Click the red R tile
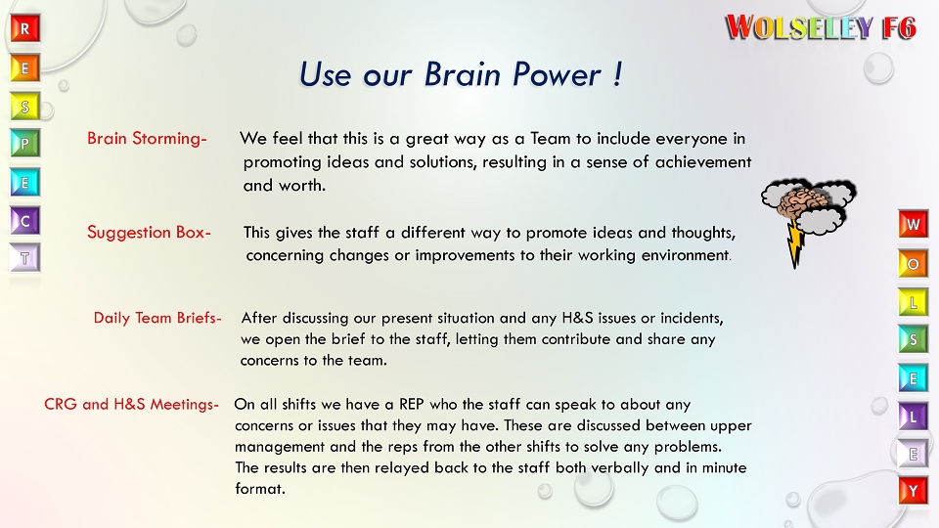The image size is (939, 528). point(25,28)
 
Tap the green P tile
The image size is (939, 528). point(25,144)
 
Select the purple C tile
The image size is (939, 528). point(25,221)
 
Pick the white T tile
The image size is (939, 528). point(25,258)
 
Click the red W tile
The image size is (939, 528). point(914,224)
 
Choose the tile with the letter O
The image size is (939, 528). point(914,263)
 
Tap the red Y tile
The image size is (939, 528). point(914,491)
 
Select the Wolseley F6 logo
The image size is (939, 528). point(821,27)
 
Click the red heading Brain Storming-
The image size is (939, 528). point(147,139)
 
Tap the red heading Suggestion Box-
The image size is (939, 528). point(149,233)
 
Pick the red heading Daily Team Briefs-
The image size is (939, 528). point(157,318)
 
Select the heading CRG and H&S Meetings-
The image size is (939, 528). point(132,404)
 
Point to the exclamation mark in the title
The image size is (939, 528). point(617,74)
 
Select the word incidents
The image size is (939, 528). point(688,318)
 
